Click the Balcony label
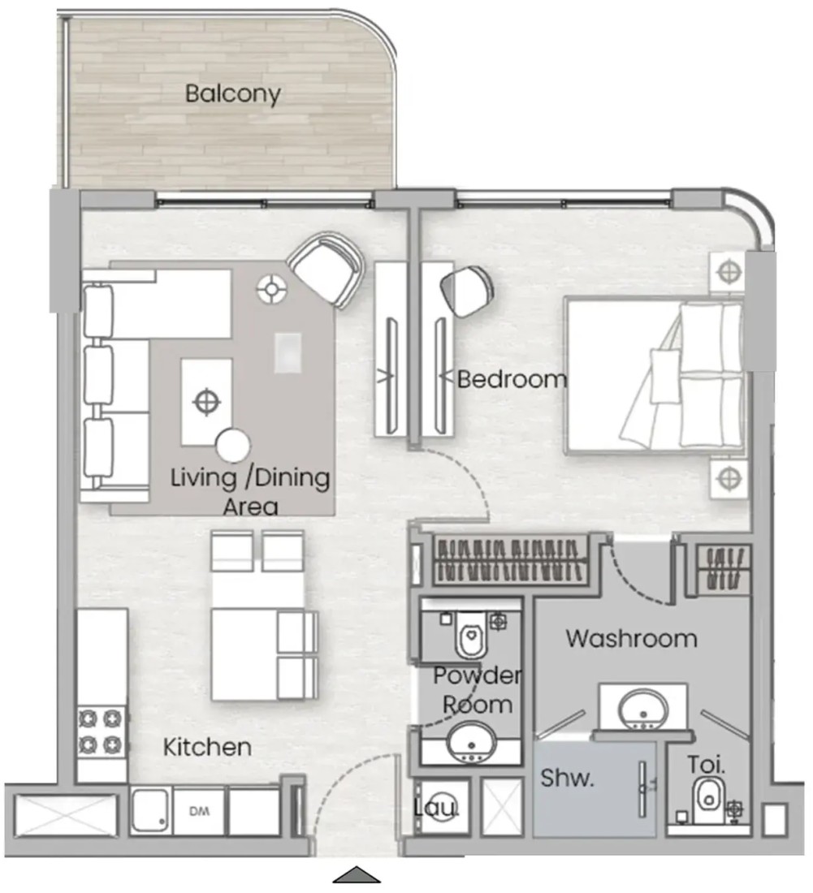233,94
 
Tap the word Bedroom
512,379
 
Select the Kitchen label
207,747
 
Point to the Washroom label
631,638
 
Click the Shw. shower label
567,778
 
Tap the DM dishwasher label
199,811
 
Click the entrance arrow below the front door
357,875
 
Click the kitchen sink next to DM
149,811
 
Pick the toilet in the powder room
471,635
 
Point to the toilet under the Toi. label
708,800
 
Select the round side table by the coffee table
233,446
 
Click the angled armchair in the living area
326,270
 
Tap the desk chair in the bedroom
467,291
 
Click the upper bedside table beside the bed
728,272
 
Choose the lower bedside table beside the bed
729,478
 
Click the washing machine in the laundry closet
441,808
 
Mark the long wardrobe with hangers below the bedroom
510,561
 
